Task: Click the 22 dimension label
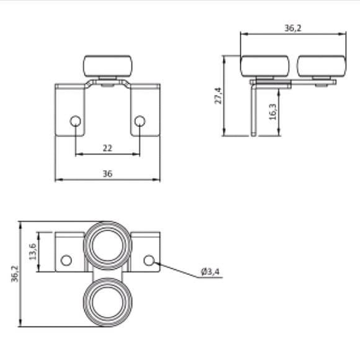(107, 148)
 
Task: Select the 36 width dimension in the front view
(107, 174)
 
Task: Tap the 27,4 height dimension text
(218, 96)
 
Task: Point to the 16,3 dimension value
(272, 112)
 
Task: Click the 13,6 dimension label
(33, 251)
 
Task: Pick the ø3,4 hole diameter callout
(210, 272)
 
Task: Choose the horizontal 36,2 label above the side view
(293, 28)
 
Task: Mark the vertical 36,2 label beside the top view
(15, 274)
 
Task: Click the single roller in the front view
(107, 66)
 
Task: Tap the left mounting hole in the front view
(75, 121)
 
